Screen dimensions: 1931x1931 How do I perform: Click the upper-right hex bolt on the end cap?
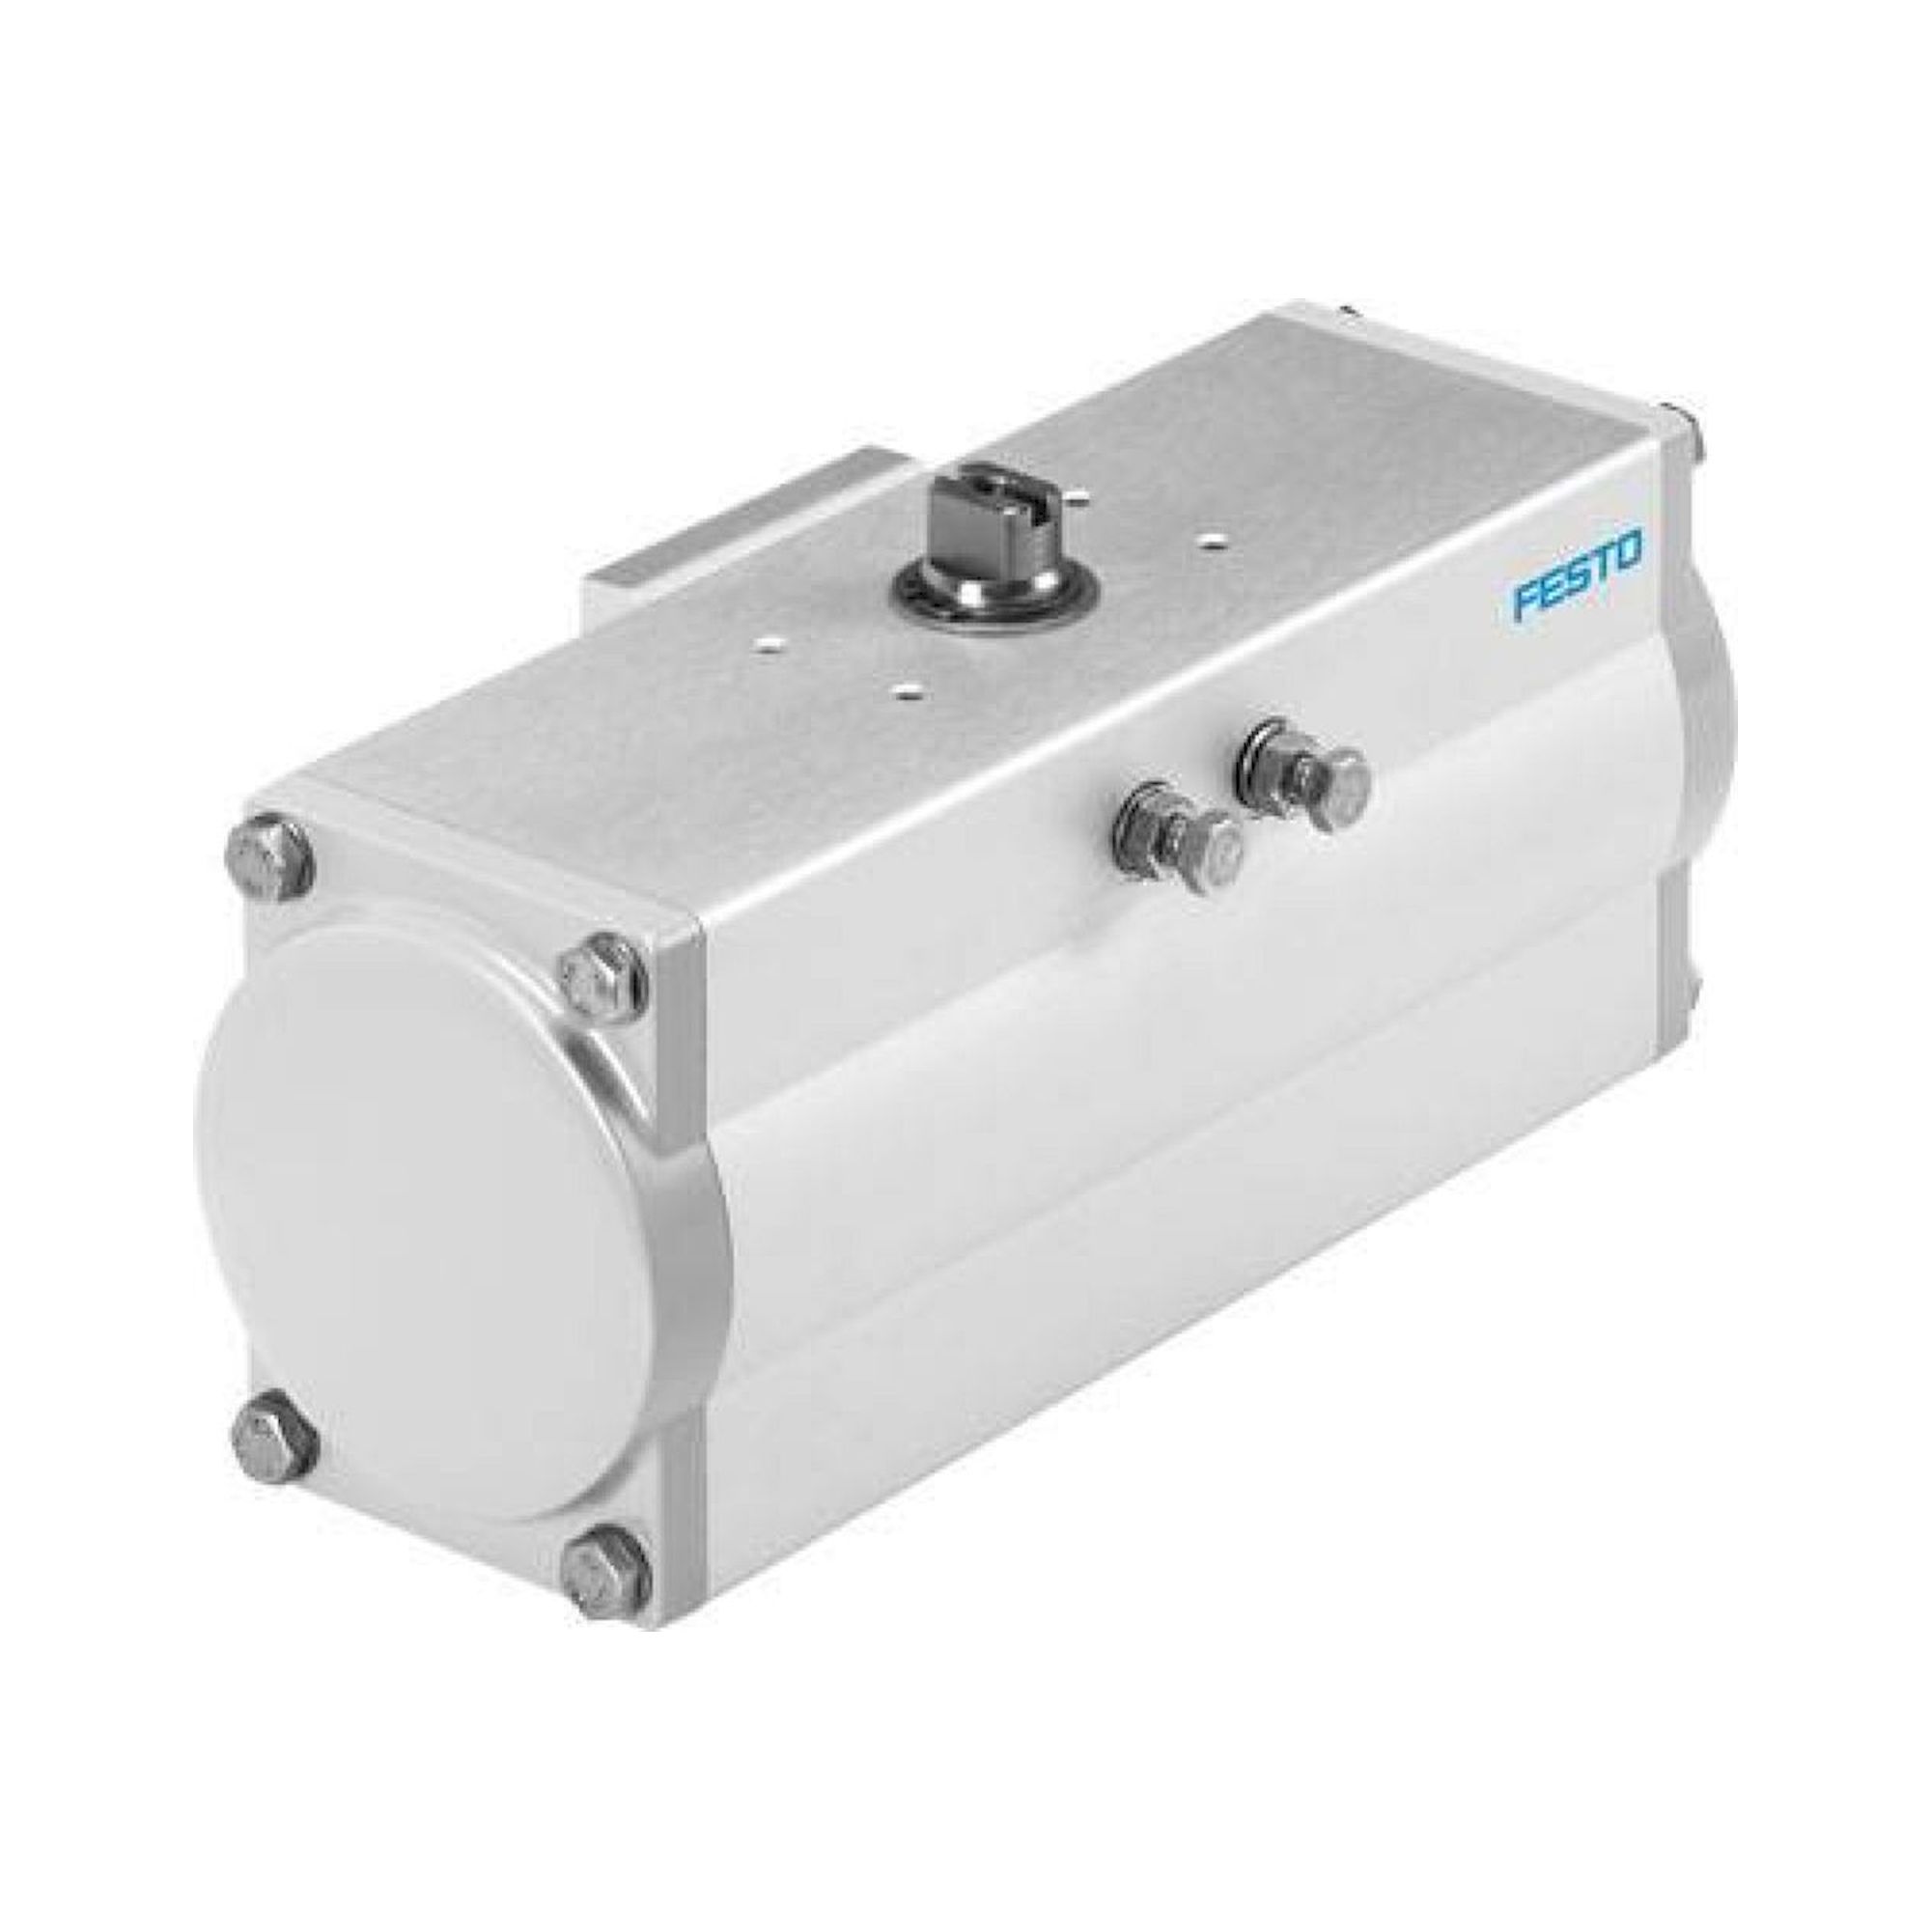(597, 974)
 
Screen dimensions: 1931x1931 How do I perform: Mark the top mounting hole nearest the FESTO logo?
(1213, 542)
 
